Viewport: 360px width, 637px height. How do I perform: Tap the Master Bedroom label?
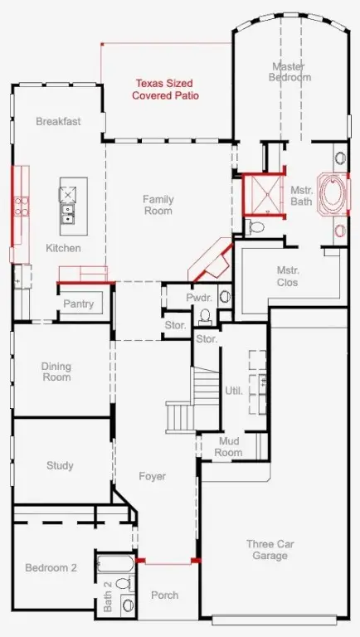[289, 71]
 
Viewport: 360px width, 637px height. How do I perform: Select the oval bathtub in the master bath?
[333, 194]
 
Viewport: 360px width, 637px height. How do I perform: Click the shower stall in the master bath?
[262, 194]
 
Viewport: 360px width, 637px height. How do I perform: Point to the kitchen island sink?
[68, 214]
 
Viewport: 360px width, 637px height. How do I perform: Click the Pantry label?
[79, 304]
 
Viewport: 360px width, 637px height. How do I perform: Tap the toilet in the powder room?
[205, 316]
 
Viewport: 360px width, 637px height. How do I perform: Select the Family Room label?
[158, 205]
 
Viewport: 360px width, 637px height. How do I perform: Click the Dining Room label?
[56, 372]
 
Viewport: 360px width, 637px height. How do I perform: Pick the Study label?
[60, 465]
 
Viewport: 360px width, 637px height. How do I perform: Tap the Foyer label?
[153, 476]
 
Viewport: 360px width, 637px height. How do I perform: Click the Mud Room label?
[228, 447]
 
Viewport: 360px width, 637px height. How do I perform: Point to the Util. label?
[234, 391]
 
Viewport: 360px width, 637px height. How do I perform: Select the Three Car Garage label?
[270, 550]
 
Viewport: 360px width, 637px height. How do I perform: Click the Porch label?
[164, 596]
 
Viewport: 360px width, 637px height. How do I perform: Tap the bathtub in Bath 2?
[115, 564]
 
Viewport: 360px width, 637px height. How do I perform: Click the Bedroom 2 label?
[51, 567]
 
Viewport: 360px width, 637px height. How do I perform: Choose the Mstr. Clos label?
[288, 276]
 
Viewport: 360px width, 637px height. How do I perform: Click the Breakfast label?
[58, 121]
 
